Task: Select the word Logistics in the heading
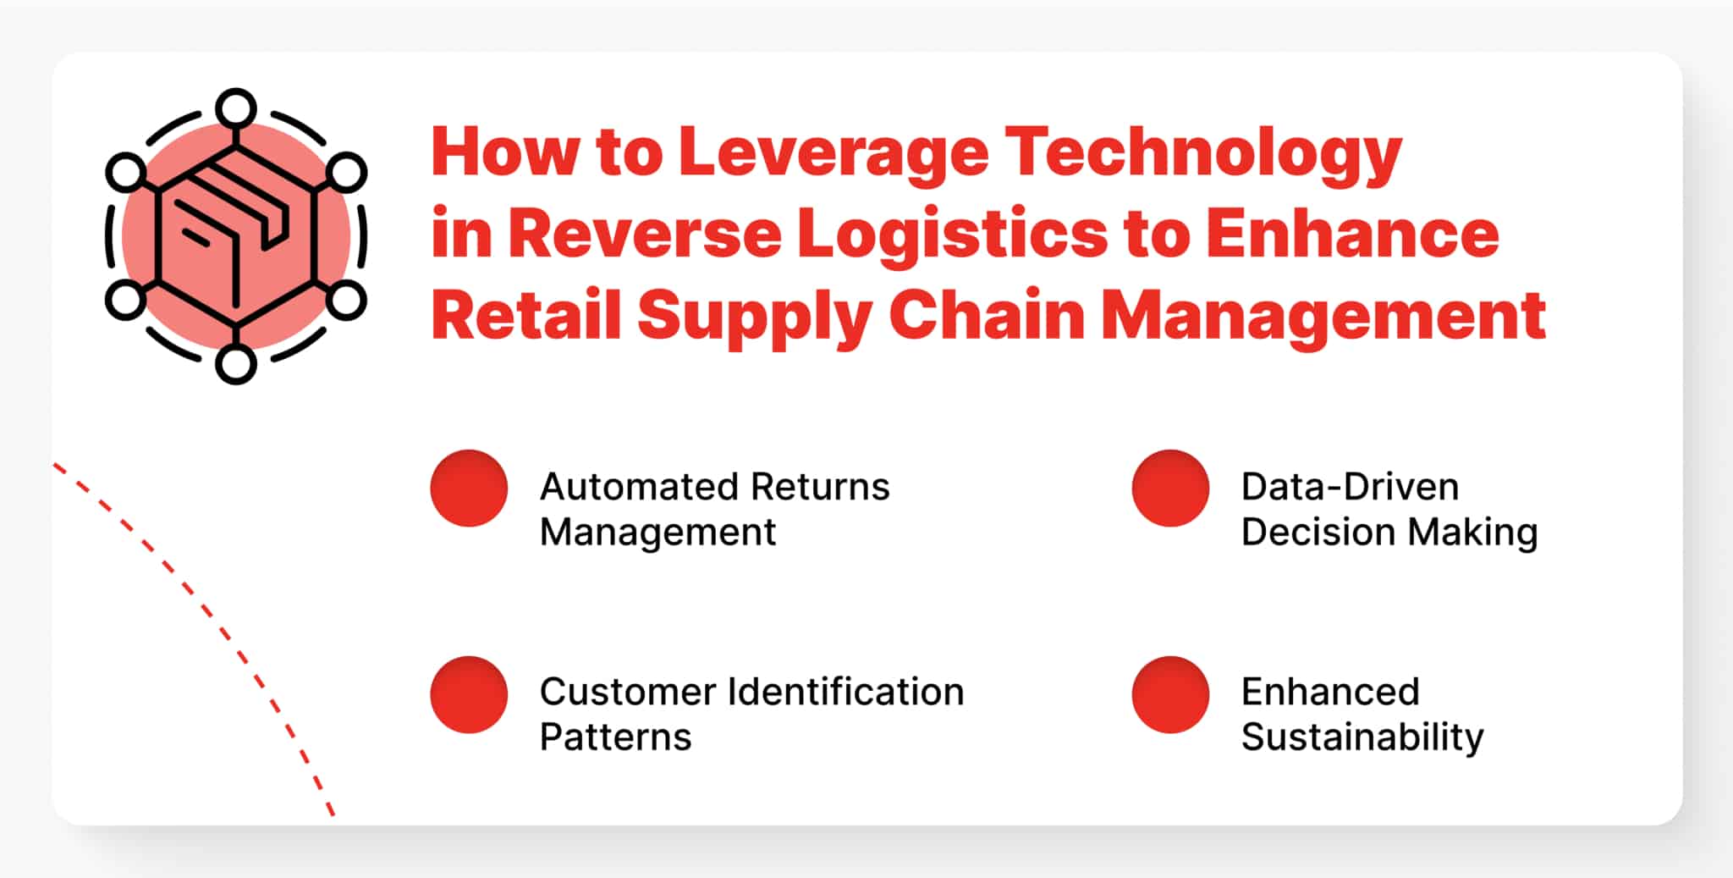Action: [x=952, y=234]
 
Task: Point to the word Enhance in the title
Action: [x=1352, y=234]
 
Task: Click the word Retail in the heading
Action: [x=525, y=315]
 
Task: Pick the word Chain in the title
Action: [x=986, y=315]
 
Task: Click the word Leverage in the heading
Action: [x=833, y=152]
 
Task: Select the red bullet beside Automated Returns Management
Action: [x=469, y=488]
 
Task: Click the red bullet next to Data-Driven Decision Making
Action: [x=1170, y=488]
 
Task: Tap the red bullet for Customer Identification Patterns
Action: [x=469, y=694]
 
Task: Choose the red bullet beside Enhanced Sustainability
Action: [x=1170, y=694]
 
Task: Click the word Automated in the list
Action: [x=638, y=487]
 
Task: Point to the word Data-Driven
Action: [x=1350, y=487]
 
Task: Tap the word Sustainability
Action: [x=1362, y=737]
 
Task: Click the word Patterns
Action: [x=615, y=737]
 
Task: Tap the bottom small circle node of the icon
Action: [x=236, y=364]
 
